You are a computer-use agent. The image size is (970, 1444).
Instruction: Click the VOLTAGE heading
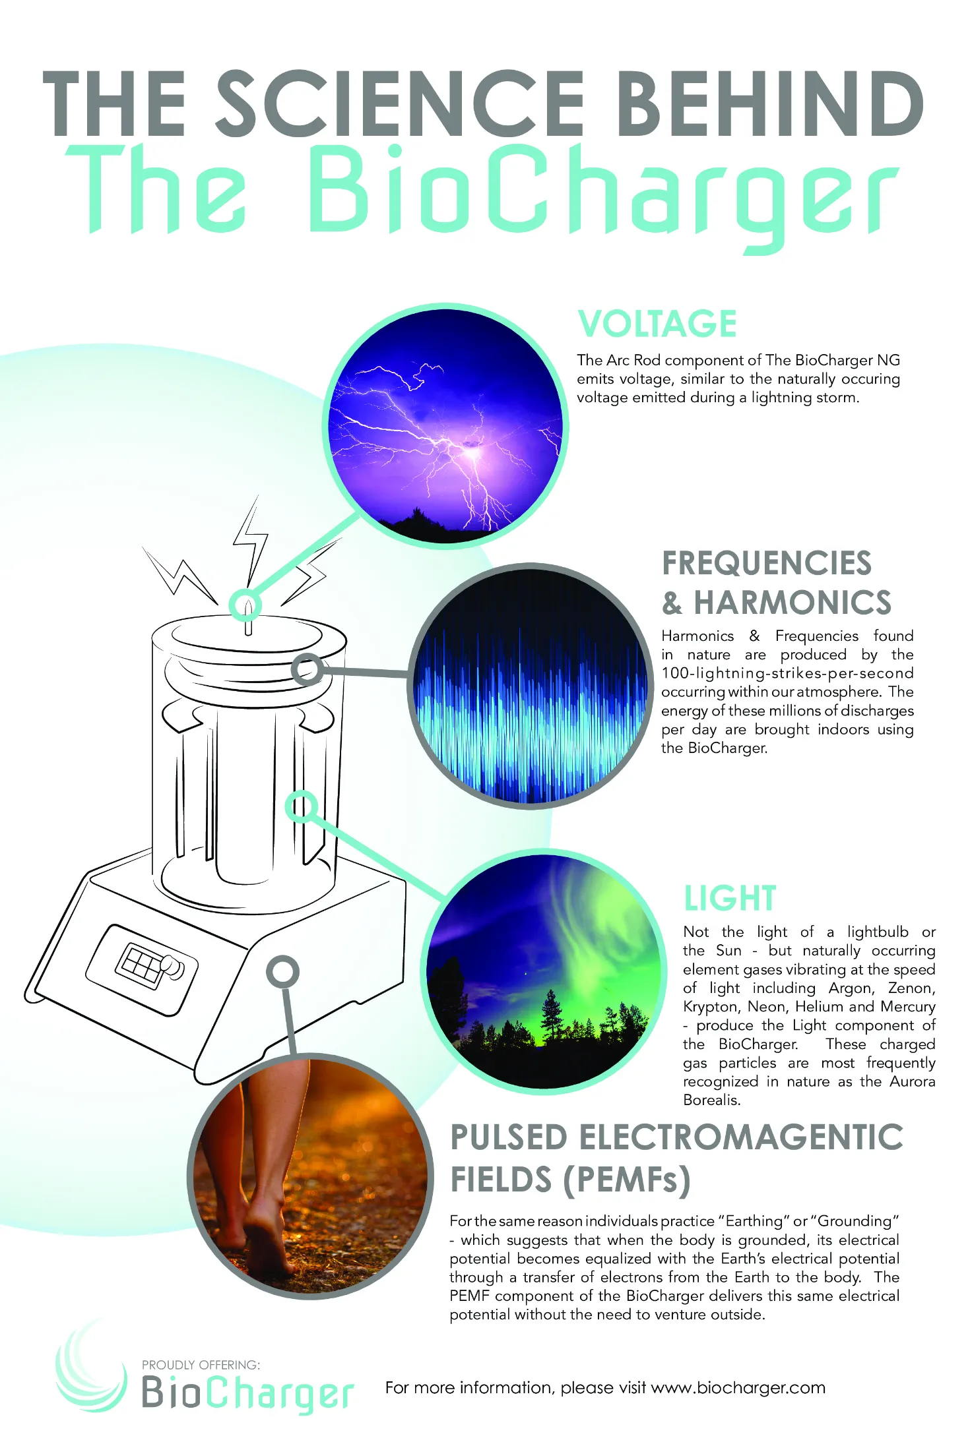(x=657, y=324)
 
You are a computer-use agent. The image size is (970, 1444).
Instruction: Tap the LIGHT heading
(x=730, y=898)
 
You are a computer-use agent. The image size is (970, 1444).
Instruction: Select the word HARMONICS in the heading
(x=792, y=603)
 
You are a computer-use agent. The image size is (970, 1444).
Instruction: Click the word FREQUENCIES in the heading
(x=767, y=563)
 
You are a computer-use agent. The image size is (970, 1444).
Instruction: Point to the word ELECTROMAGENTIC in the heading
(x=741, y=1137)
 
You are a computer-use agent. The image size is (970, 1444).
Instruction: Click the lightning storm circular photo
(x=445, y=426)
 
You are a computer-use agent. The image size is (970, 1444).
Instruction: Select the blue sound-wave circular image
(x=531, y=686)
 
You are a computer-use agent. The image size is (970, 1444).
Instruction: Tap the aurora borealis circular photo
(x=544, y=971)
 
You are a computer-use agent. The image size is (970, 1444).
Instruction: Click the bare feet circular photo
(x=310, y=1176)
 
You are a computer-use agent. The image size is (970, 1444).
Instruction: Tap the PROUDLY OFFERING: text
(x=201, y=1364)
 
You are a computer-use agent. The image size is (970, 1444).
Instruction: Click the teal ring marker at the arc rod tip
(x=245, y=605)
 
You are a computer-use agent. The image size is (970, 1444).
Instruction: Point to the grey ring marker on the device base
(x=282, y=971)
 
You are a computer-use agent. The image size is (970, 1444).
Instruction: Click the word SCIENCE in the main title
(x=401, y=103)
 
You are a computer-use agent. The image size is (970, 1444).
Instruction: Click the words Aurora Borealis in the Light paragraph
(x=809, y=1091)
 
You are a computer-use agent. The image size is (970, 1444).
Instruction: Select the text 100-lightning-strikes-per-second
(x=787, y=673)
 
